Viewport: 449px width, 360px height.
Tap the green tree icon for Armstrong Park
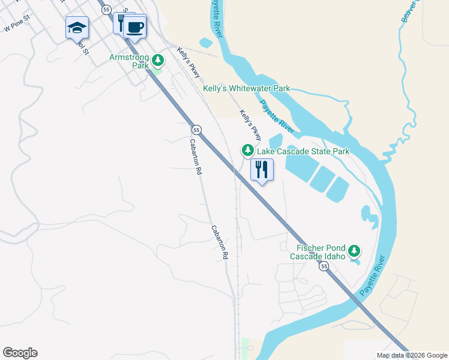158,59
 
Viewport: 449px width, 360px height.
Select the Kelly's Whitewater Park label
246,88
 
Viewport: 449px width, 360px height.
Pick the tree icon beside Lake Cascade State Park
246,149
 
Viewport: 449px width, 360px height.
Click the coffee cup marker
135,26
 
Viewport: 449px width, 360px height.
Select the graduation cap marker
77,28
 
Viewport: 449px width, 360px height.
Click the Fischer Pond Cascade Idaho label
317,252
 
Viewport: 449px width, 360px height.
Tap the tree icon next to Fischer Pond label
355,250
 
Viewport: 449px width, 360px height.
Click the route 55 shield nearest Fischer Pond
324,266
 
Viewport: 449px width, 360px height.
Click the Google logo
20,353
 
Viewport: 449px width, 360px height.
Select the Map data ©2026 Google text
412,355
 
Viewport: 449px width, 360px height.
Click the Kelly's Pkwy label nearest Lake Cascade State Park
251,124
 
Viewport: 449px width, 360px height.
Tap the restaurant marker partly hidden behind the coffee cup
121,23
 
